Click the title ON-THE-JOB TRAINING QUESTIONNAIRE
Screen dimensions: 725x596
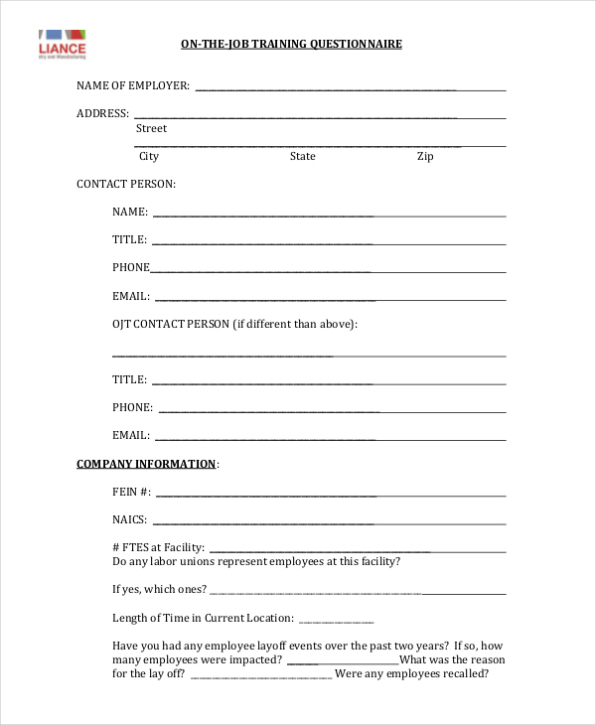(x=291, y=45)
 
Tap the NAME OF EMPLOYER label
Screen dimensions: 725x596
(x=133, y=85)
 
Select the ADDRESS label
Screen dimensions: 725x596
(x=102, y=113)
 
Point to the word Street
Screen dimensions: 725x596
(x=151, y=128)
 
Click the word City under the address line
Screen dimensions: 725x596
(x=148, y=156)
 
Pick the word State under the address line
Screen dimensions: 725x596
(x=303, y=156)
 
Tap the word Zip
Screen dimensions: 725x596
(x=425, y=156)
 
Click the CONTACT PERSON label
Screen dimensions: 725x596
(x=126, y=184)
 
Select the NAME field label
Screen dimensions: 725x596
(x=130, y=212)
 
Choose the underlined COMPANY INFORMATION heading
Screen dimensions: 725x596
(x=146, y=464)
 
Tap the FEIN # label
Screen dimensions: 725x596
(x=132, y=492)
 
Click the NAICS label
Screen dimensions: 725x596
(x=130, y=519)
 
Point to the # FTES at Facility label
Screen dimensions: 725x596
(x=159, y=547)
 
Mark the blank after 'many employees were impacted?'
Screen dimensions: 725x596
(x=343, y=660)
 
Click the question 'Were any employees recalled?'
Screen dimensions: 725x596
(x=412, y=673)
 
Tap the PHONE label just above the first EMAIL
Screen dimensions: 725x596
(x=131, y=267)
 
